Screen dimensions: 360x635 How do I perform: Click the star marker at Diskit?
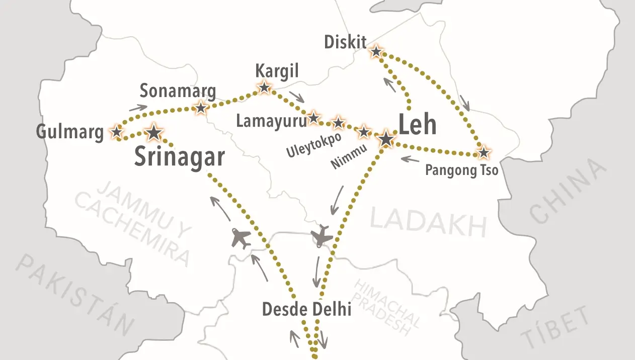376,51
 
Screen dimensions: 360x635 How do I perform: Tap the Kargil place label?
277,70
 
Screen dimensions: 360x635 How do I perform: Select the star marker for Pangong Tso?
483,152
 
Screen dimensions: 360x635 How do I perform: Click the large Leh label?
417,125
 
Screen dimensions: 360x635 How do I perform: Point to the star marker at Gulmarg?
117,132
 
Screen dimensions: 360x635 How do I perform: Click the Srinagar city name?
179,157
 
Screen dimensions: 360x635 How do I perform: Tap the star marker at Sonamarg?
201,108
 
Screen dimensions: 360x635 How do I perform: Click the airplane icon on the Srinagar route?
242,237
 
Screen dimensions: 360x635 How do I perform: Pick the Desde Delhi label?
306,309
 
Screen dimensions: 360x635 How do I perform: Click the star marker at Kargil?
264,87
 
